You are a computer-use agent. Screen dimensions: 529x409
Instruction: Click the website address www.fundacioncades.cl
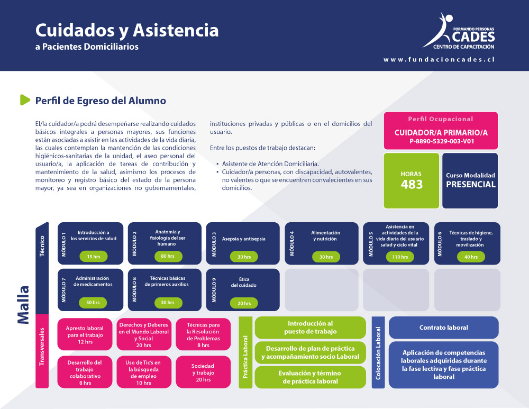(x=439, y=60)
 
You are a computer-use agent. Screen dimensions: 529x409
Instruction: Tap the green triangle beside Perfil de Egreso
(x=25, y=100)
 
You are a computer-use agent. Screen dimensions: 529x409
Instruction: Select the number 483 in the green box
(x=412, y=185)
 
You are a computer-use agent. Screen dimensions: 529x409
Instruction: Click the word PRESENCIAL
(x=471, y=185)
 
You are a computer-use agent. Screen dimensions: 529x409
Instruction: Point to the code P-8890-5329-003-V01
(x=442, y=141)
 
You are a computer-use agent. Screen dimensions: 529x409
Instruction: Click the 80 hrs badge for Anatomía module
(x=168, y=256)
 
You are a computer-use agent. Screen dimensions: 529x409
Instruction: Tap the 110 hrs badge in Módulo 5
(x=400, y=257)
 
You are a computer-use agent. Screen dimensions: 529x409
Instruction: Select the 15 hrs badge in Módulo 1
(x=94, y=257)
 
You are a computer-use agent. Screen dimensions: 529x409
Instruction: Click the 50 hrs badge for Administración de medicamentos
(x=93, y=302)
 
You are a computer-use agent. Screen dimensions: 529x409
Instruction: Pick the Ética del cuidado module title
(x=243, y=282)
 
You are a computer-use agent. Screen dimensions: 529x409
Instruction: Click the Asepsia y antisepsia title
(x=243, y=239)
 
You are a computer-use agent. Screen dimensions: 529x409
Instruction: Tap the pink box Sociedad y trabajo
(x=203, y=372)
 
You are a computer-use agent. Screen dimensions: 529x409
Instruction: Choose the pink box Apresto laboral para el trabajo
(x=85, y=334)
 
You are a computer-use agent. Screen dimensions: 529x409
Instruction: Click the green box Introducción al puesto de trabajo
(x=311, y=328)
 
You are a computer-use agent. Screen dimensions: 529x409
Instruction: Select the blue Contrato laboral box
(x=444, y=328)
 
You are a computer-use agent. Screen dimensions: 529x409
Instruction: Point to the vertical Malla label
(x=23, y=305)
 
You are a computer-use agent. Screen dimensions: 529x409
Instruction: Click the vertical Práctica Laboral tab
(x=245, y=352)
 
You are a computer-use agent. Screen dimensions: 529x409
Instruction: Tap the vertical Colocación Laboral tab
(x=378, y=352)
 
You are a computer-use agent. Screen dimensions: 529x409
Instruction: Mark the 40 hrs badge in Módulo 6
(x=471, y=257)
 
